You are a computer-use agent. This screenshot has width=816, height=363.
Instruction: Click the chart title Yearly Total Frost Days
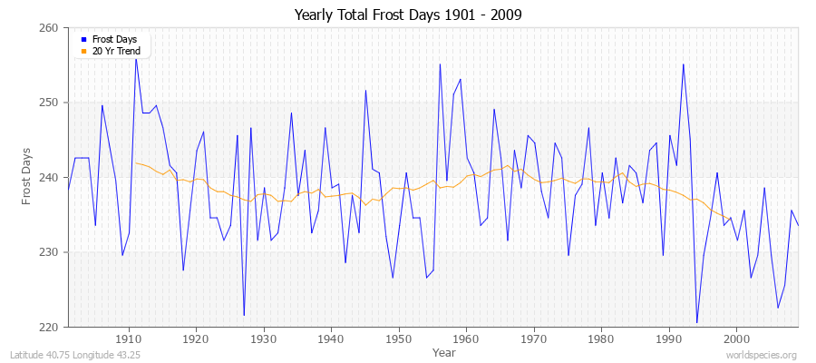[x=408, y=15]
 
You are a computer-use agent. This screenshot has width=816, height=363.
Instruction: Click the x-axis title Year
[x=444, y=351]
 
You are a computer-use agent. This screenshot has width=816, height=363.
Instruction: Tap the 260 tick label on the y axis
[x=49, y=28]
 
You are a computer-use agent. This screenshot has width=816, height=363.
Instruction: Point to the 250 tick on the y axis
[x=49, y=103]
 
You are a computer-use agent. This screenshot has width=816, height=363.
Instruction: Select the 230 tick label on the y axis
[x=49, y=252]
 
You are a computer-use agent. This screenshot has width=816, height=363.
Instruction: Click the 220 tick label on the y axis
[x=49, y=327]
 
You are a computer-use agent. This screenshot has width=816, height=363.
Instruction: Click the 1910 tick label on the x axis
[x=129, y=339]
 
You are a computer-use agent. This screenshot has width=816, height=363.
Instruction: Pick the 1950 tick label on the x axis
[x=398, y=339]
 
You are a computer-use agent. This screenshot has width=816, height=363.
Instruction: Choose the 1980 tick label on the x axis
[x=600, y=339]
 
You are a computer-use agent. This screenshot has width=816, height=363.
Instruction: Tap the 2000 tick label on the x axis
[x=735, y=339]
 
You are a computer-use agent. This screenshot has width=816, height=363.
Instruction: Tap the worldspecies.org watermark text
[x=763, y=353]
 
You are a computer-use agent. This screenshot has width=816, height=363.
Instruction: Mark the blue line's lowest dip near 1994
[x=697, y=322]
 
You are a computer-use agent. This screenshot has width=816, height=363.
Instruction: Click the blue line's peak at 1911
[x=136, y=58]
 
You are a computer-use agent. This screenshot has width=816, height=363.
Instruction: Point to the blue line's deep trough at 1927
[x=244, y=315]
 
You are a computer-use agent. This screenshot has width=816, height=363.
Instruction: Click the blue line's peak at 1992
[x=684, y=64]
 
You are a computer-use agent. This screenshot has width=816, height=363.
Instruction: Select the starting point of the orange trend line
[x=136, y=163]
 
